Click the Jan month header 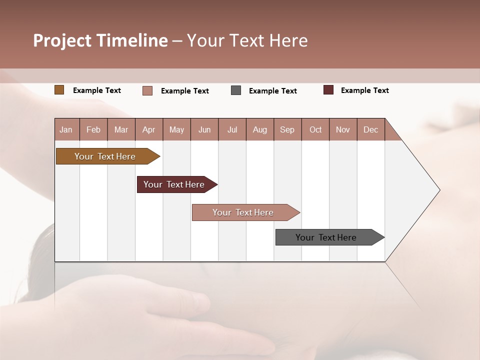[66, 129]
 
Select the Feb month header [93, 129]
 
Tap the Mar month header [121, 129]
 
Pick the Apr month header [149, 129]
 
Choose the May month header [176, 129]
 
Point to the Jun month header [204, 129]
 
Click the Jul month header [232, 129]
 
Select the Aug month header [260, 129]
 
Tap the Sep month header [287, 129]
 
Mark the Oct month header [315, 129]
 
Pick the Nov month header [343, 129]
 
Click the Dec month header [371, 129]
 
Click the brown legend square [59, 90]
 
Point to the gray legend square [236, 90]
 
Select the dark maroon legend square [328, 90]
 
